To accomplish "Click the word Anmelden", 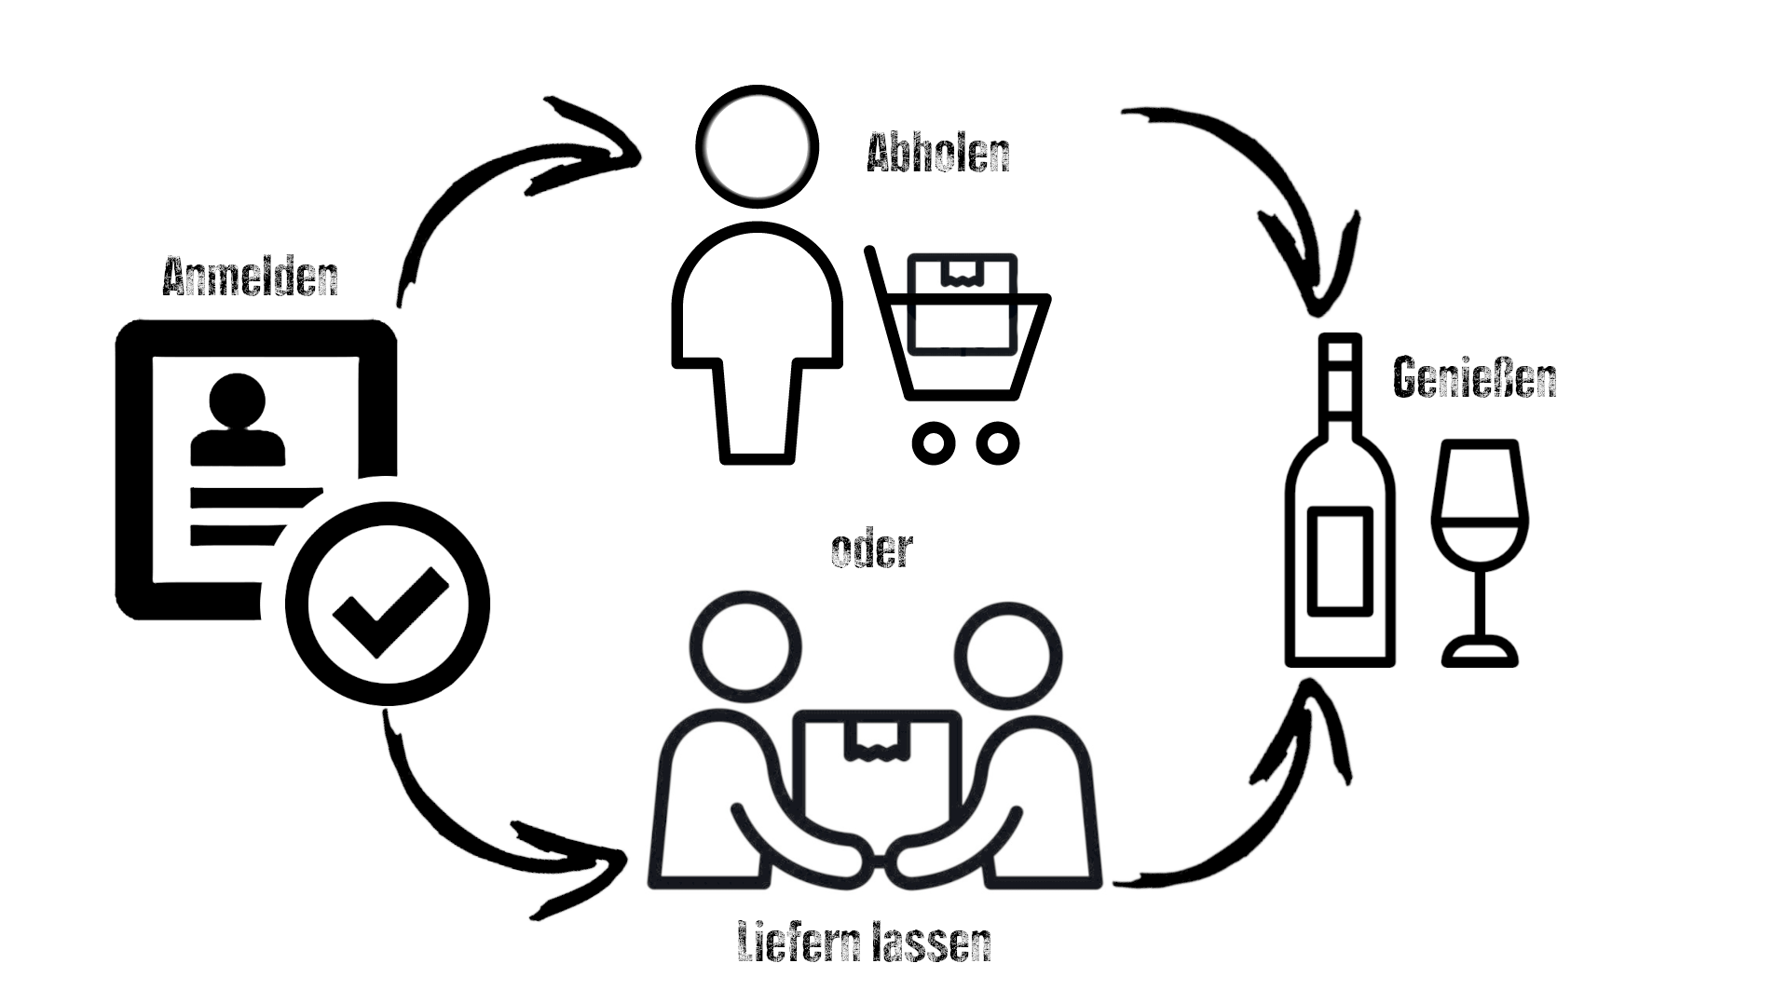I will pyautogui.click(x=250, y=277).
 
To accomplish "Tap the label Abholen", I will pyautogui.click(x=937, y=154).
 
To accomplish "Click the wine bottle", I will pyautogui.click(x=1340, y=522).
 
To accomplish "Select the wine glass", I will pyautogui.click(x=1480, y=549).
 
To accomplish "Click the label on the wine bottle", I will pyautogui.click(x=1340, y=561).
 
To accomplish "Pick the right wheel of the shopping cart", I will pyautogui.click(x=996, y=442).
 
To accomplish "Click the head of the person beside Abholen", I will pyautogui.click(x=758, y=144).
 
